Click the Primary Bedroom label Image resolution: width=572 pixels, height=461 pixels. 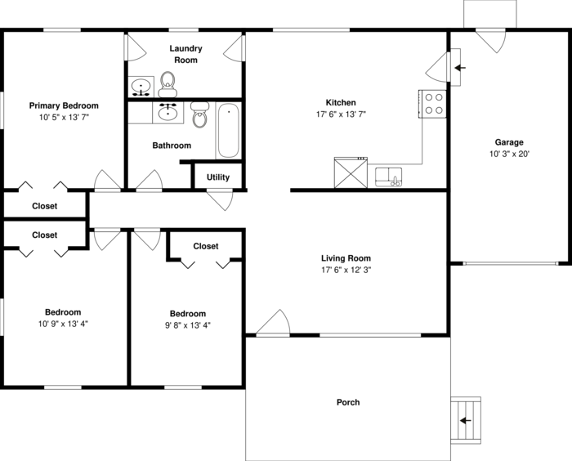pos(64,105)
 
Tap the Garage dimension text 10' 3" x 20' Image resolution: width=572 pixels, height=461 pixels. pos(510,154)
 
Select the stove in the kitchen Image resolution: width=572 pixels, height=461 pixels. pos(434,103)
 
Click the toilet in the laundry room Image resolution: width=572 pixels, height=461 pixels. pos(168,81)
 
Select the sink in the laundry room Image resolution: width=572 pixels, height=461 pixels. pos(141,85)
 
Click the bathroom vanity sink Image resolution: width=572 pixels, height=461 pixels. pos(169,112)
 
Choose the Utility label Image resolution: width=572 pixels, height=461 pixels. pos(218,177)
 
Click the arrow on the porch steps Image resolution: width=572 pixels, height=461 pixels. pos(466,421)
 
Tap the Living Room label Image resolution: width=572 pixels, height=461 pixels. pos(346,257)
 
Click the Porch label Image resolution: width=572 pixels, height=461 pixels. pos(348,402)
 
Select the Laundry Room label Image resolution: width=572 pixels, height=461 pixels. pos(185,54)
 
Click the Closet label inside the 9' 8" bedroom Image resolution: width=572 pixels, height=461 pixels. pos(206,246)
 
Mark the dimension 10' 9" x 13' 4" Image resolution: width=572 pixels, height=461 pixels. pos(63,324)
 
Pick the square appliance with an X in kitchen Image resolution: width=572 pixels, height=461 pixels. pos(349,172)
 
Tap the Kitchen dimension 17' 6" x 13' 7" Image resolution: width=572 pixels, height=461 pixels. pos(341,114)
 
